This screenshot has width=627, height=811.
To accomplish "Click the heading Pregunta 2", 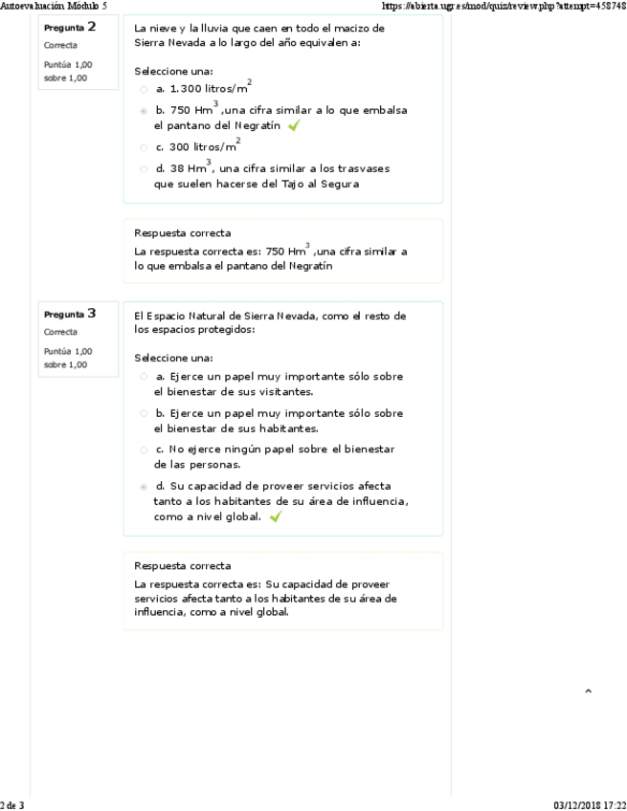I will point(70,27).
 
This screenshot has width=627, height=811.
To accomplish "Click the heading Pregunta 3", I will point(70,313).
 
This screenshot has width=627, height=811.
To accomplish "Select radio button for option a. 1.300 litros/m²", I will point(144,89).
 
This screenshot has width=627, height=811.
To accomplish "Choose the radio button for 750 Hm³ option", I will point(144,111).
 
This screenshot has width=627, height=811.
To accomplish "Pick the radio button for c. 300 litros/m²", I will point(144,147).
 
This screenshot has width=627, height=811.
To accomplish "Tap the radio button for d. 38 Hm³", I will point(144,169).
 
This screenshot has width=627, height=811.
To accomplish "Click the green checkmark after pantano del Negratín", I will point(294,125).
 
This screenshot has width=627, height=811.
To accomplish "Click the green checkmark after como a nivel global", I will point(276,516).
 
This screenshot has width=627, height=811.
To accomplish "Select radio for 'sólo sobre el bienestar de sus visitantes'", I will point(144,377).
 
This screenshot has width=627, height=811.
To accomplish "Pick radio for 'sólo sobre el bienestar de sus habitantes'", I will point(144,414).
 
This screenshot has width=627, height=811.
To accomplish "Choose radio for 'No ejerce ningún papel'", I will point(144,449).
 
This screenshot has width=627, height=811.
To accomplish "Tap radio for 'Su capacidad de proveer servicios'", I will point(144,487).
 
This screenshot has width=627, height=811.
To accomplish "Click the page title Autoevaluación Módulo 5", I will point(54,5).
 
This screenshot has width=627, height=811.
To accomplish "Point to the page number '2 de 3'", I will point(12,805).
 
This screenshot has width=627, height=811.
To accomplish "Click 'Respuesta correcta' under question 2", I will point(182,232).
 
